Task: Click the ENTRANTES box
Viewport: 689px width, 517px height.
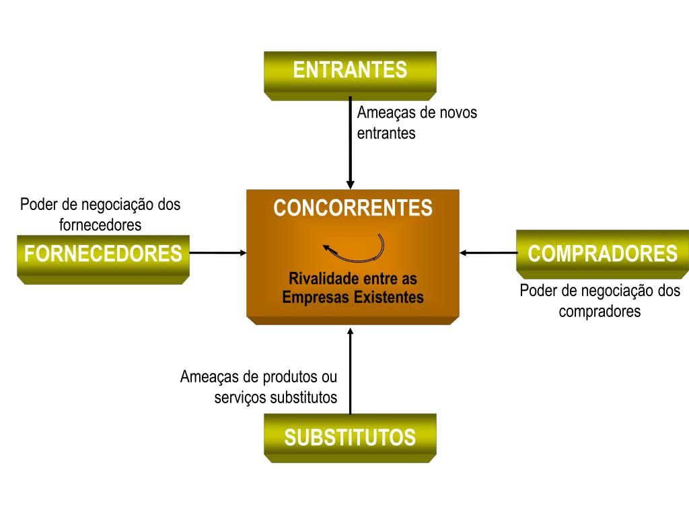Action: tap(350, 71)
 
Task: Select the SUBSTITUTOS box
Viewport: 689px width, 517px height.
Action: tap(350, 438)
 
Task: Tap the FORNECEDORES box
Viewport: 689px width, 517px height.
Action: tap(103, 254)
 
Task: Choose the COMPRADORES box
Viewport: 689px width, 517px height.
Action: tap(602, 254)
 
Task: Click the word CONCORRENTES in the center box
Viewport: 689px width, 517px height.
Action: tap(353, 208)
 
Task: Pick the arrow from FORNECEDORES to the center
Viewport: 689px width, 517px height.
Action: tap(219, 253)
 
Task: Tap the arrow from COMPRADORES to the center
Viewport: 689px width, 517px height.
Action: tap(488, 253)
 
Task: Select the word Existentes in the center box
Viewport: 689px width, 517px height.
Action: tap(391, 297)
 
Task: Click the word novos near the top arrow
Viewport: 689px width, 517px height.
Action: tap(458, 112)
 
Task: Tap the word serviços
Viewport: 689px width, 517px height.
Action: tap(240, 397)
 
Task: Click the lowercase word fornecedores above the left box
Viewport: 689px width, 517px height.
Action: tap(100, 224)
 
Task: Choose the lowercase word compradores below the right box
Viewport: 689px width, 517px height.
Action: tap(600, 312)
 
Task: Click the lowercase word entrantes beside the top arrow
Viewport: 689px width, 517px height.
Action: tap(386, 133)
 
